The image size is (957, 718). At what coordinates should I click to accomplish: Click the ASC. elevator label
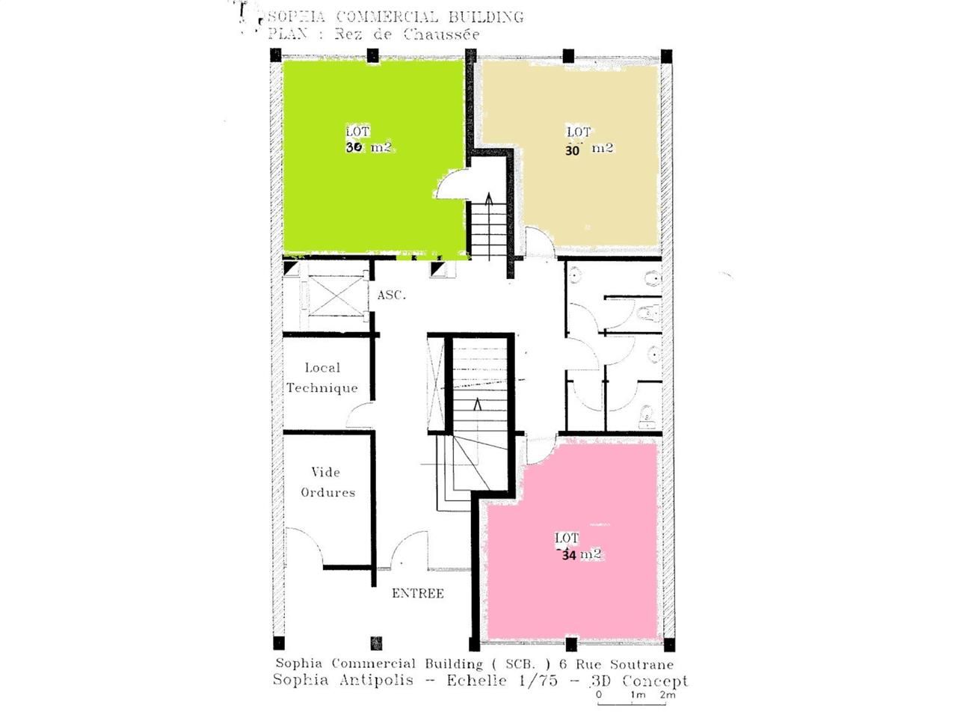pos(391,295)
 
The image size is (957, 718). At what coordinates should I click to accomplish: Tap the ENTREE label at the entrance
pos(418,593)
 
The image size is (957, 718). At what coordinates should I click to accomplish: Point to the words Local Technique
pos(322,378)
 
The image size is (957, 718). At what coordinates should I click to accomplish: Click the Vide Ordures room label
pos(327,482)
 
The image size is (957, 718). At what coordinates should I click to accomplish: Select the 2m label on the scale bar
pos(667,695)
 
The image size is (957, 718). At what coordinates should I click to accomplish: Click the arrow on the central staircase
pos(478,406)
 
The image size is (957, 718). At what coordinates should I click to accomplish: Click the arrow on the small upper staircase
pos(489,200)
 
